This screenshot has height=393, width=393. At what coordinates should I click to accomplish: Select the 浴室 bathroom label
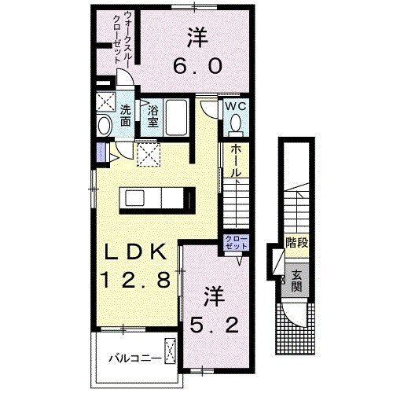click(154, 117)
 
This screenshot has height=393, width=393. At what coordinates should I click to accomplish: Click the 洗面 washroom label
click(125, 116)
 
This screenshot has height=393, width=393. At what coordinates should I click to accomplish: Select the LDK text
click(134, 253)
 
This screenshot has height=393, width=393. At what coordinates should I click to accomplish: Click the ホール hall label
click(235, 161)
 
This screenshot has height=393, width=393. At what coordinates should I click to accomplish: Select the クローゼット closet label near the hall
click(235, 241)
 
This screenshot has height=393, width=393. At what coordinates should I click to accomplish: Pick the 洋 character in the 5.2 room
click(214, 296)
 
